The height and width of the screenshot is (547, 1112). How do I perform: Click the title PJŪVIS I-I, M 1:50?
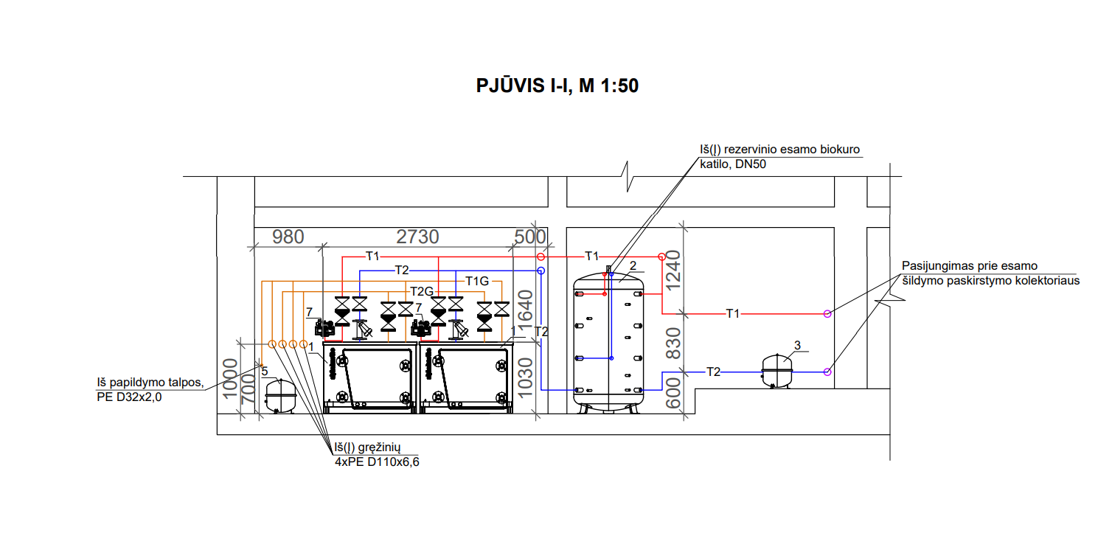(557, 86)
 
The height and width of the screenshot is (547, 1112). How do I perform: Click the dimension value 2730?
(417, 237)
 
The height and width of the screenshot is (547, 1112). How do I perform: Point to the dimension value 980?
(288, 237)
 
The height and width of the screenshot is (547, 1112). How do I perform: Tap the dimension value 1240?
(673, 271)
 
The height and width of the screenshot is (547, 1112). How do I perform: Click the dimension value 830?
(673, 343)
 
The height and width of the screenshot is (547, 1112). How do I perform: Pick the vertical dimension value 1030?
(525, 377)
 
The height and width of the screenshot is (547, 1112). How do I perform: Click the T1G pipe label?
(477, 282)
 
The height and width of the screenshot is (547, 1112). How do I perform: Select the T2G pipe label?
(422, 291)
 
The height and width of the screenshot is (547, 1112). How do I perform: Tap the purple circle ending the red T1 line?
(827, 314)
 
